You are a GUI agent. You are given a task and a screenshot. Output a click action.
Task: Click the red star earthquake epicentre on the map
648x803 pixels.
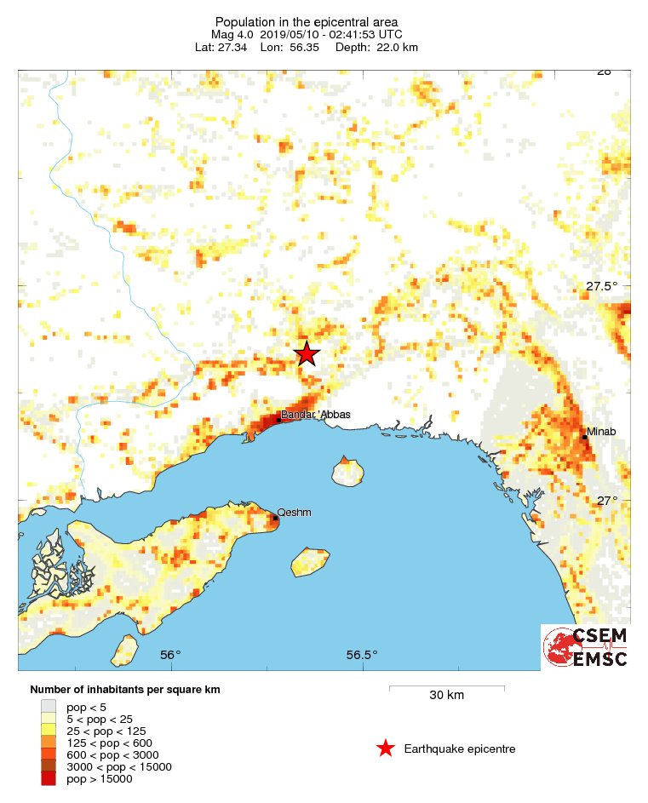[x=307, y=353]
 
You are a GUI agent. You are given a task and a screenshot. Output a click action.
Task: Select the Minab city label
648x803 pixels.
[x=602, y=432]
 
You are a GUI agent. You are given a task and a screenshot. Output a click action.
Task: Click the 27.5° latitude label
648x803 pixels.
[x=602, y=286]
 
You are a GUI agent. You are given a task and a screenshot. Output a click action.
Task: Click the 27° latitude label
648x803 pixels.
[x=607, y=501]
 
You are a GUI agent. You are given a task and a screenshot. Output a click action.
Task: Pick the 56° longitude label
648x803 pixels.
[x=170, y=655]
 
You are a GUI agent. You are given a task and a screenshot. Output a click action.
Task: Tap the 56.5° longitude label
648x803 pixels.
[x=362, y=655]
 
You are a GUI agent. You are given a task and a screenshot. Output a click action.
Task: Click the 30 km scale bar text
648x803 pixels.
[x=446, y=696]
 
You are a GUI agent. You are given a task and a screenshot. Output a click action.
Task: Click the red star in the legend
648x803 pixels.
[x=386, y=749]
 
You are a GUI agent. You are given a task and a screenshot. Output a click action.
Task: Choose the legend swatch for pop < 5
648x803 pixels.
[x=49, y=707]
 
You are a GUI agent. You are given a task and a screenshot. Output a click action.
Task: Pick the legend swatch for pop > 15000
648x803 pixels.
[x=49, y=778]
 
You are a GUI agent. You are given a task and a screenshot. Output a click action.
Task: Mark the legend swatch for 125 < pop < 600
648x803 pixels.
[x=49, y=743]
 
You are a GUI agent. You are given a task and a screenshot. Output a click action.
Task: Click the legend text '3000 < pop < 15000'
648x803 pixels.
[x=119, y=766]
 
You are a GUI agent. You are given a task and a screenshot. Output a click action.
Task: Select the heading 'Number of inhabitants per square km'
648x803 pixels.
[x=125, y=689]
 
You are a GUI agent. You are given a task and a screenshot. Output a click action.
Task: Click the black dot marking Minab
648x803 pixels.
[x=584, y=437]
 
